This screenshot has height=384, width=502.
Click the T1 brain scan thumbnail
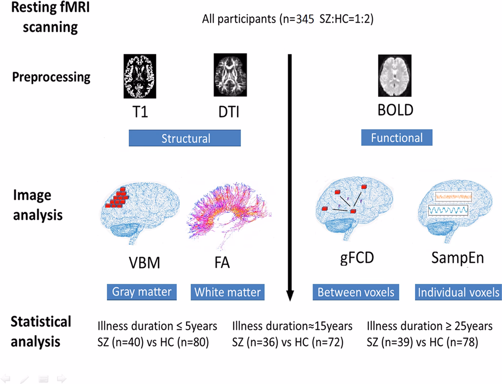coord(140,76)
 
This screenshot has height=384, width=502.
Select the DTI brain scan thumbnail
coord(230,75)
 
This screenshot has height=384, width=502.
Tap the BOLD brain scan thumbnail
coord(394,75)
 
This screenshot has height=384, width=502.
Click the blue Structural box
coord(185,138)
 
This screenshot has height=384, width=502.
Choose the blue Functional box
coord(396,138)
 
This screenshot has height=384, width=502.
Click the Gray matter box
coord(142,292)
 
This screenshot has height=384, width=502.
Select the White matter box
coord(227,292)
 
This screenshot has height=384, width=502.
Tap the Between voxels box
coord(356,292)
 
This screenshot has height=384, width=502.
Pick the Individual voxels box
coord(458,292)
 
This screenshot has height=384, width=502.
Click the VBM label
coord(144,263)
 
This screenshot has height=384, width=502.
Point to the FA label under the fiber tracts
coord(222,262)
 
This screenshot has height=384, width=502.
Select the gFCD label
coord(357,258)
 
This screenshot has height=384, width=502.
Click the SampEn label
coord(457,258)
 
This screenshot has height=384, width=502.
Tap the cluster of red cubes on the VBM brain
coord(117,198)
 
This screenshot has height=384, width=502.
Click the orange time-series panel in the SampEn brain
coord(453,196)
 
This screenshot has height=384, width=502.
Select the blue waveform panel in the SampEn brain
coord(448,210)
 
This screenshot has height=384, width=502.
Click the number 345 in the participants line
coord(305,19)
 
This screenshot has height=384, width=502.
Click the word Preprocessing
coord(51,77)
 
